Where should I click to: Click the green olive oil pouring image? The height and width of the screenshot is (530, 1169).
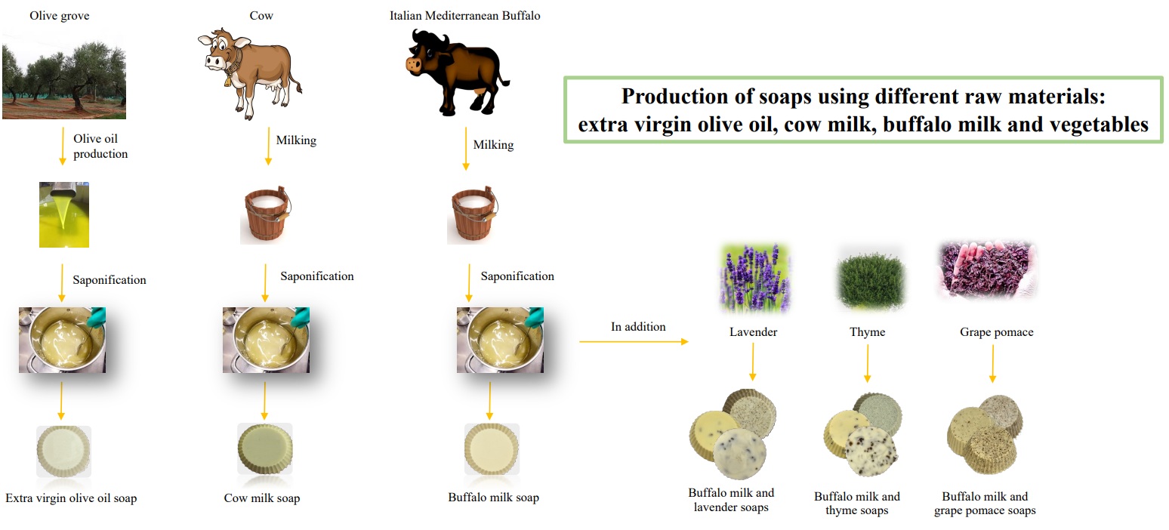64,214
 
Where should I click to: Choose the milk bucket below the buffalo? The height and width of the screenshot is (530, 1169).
473,216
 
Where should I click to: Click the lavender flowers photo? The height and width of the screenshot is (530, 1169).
754,276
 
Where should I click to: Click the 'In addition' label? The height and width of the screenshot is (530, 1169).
638,327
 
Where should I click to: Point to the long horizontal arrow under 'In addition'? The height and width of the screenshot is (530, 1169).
634,342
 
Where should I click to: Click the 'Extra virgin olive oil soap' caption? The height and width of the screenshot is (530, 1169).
71,498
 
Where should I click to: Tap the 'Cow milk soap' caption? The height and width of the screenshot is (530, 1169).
262,498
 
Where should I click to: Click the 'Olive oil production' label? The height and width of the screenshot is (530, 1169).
100,146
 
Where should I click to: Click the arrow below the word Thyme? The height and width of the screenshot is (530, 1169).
867,366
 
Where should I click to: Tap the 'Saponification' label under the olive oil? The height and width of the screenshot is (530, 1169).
109,280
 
